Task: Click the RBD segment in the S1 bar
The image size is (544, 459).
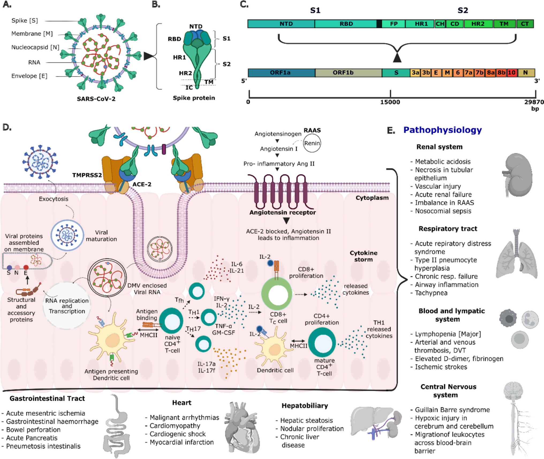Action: point(346,24)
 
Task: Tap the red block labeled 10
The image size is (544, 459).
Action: point(511,73)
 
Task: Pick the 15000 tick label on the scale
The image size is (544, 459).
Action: point(390,102)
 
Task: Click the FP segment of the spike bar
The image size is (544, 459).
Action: point(394,24)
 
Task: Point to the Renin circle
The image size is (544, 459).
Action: point(312,143)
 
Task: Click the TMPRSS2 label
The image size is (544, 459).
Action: point(87,175)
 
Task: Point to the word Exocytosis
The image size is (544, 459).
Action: point(54,199)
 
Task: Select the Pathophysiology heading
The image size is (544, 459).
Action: point(442,130)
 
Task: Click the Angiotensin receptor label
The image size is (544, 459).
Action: point(282,212)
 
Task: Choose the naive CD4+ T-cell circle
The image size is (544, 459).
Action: point(171,321)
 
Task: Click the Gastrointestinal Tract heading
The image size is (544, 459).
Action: point(47,398)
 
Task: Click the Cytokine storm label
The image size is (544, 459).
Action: point(363,256)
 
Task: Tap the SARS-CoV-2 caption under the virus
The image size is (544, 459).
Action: point(96,99)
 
